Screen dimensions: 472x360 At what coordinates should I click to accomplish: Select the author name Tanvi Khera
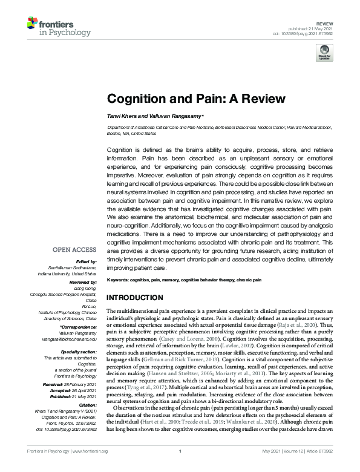(x=123, y=116)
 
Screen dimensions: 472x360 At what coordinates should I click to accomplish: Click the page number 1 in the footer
(x=180, y=468)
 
